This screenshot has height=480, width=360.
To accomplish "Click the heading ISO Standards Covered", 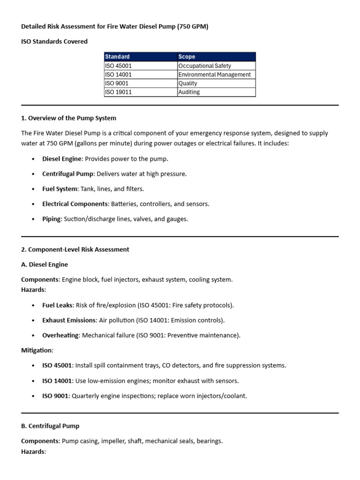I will (x=54, y=41).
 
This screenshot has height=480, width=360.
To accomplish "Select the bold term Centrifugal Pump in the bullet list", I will (x=68, y=174).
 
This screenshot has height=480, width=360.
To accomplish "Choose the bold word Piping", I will (x=52, y=219).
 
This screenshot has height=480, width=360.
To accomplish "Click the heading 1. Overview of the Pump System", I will (x=68, y=118).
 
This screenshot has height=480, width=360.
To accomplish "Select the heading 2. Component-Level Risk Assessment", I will (x=75, y=249).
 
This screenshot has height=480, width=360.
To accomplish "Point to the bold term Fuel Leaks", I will (x=57, y=305).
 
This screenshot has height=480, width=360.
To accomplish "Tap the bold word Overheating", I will (x=60, y=335).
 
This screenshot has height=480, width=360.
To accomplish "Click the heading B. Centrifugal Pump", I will (x=50, y=426).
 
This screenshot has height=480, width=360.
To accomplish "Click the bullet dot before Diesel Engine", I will (x=33, y=159).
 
